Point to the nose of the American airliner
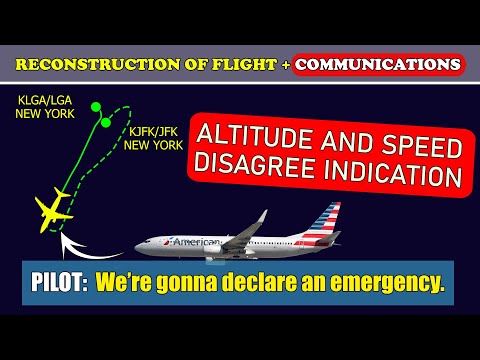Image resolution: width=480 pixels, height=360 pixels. [141, 247]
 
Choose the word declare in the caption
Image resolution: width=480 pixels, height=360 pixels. [271, 286]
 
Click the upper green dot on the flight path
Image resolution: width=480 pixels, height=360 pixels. [94, 106]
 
